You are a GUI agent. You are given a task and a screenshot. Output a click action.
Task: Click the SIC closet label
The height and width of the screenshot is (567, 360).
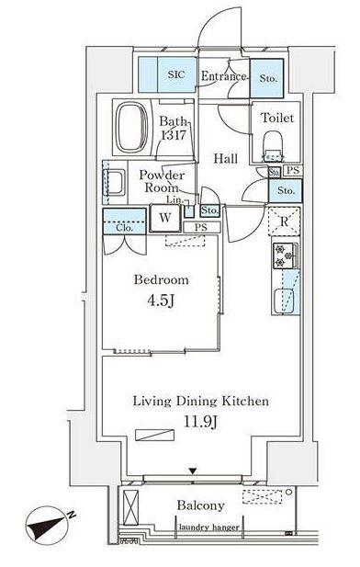coord(176,74)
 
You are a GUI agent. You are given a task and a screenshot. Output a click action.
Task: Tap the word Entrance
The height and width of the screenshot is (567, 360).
coord(223,76)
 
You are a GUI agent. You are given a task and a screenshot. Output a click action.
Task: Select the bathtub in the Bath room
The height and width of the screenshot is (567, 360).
coord(132,128)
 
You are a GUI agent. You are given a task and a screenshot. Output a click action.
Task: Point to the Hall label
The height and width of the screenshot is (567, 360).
coord(225,158)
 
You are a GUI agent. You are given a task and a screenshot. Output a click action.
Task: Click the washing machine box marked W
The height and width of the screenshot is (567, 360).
coord(165,218)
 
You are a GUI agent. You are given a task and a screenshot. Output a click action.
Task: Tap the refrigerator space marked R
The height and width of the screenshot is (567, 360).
coord(285,221)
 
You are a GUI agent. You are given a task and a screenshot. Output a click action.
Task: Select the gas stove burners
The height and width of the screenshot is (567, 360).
coord(285,256)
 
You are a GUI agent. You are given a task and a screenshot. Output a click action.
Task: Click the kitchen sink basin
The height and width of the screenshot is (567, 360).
coord(284,301)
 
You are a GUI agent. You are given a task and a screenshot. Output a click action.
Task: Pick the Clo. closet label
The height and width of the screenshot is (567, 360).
coord(125,228)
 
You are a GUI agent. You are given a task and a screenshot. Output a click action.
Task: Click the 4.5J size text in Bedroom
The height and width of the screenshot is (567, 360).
coord(162,301)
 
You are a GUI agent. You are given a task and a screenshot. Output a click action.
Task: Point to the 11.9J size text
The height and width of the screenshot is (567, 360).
coord(200,422)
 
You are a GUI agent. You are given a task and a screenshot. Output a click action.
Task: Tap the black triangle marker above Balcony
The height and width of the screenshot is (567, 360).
coord(193,471)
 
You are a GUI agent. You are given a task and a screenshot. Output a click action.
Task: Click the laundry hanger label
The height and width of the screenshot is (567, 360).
coord(208,527)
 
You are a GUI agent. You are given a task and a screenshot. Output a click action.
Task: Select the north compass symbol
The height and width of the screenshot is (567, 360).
coord(47,526)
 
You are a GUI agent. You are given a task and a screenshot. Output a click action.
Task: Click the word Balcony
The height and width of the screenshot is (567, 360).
coord(200,505)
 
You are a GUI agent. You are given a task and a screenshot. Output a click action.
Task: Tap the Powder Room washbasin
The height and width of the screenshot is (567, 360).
coord(114,183)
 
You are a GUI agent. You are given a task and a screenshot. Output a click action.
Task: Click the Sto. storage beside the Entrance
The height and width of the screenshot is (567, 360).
coord(268,78)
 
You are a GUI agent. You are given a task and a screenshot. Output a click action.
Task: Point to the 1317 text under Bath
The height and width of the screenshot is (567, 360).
coord(174,135)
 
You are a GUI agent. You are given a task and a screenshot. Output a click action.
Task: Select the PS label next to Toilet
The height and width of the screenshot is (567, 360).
coord(293,170)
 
